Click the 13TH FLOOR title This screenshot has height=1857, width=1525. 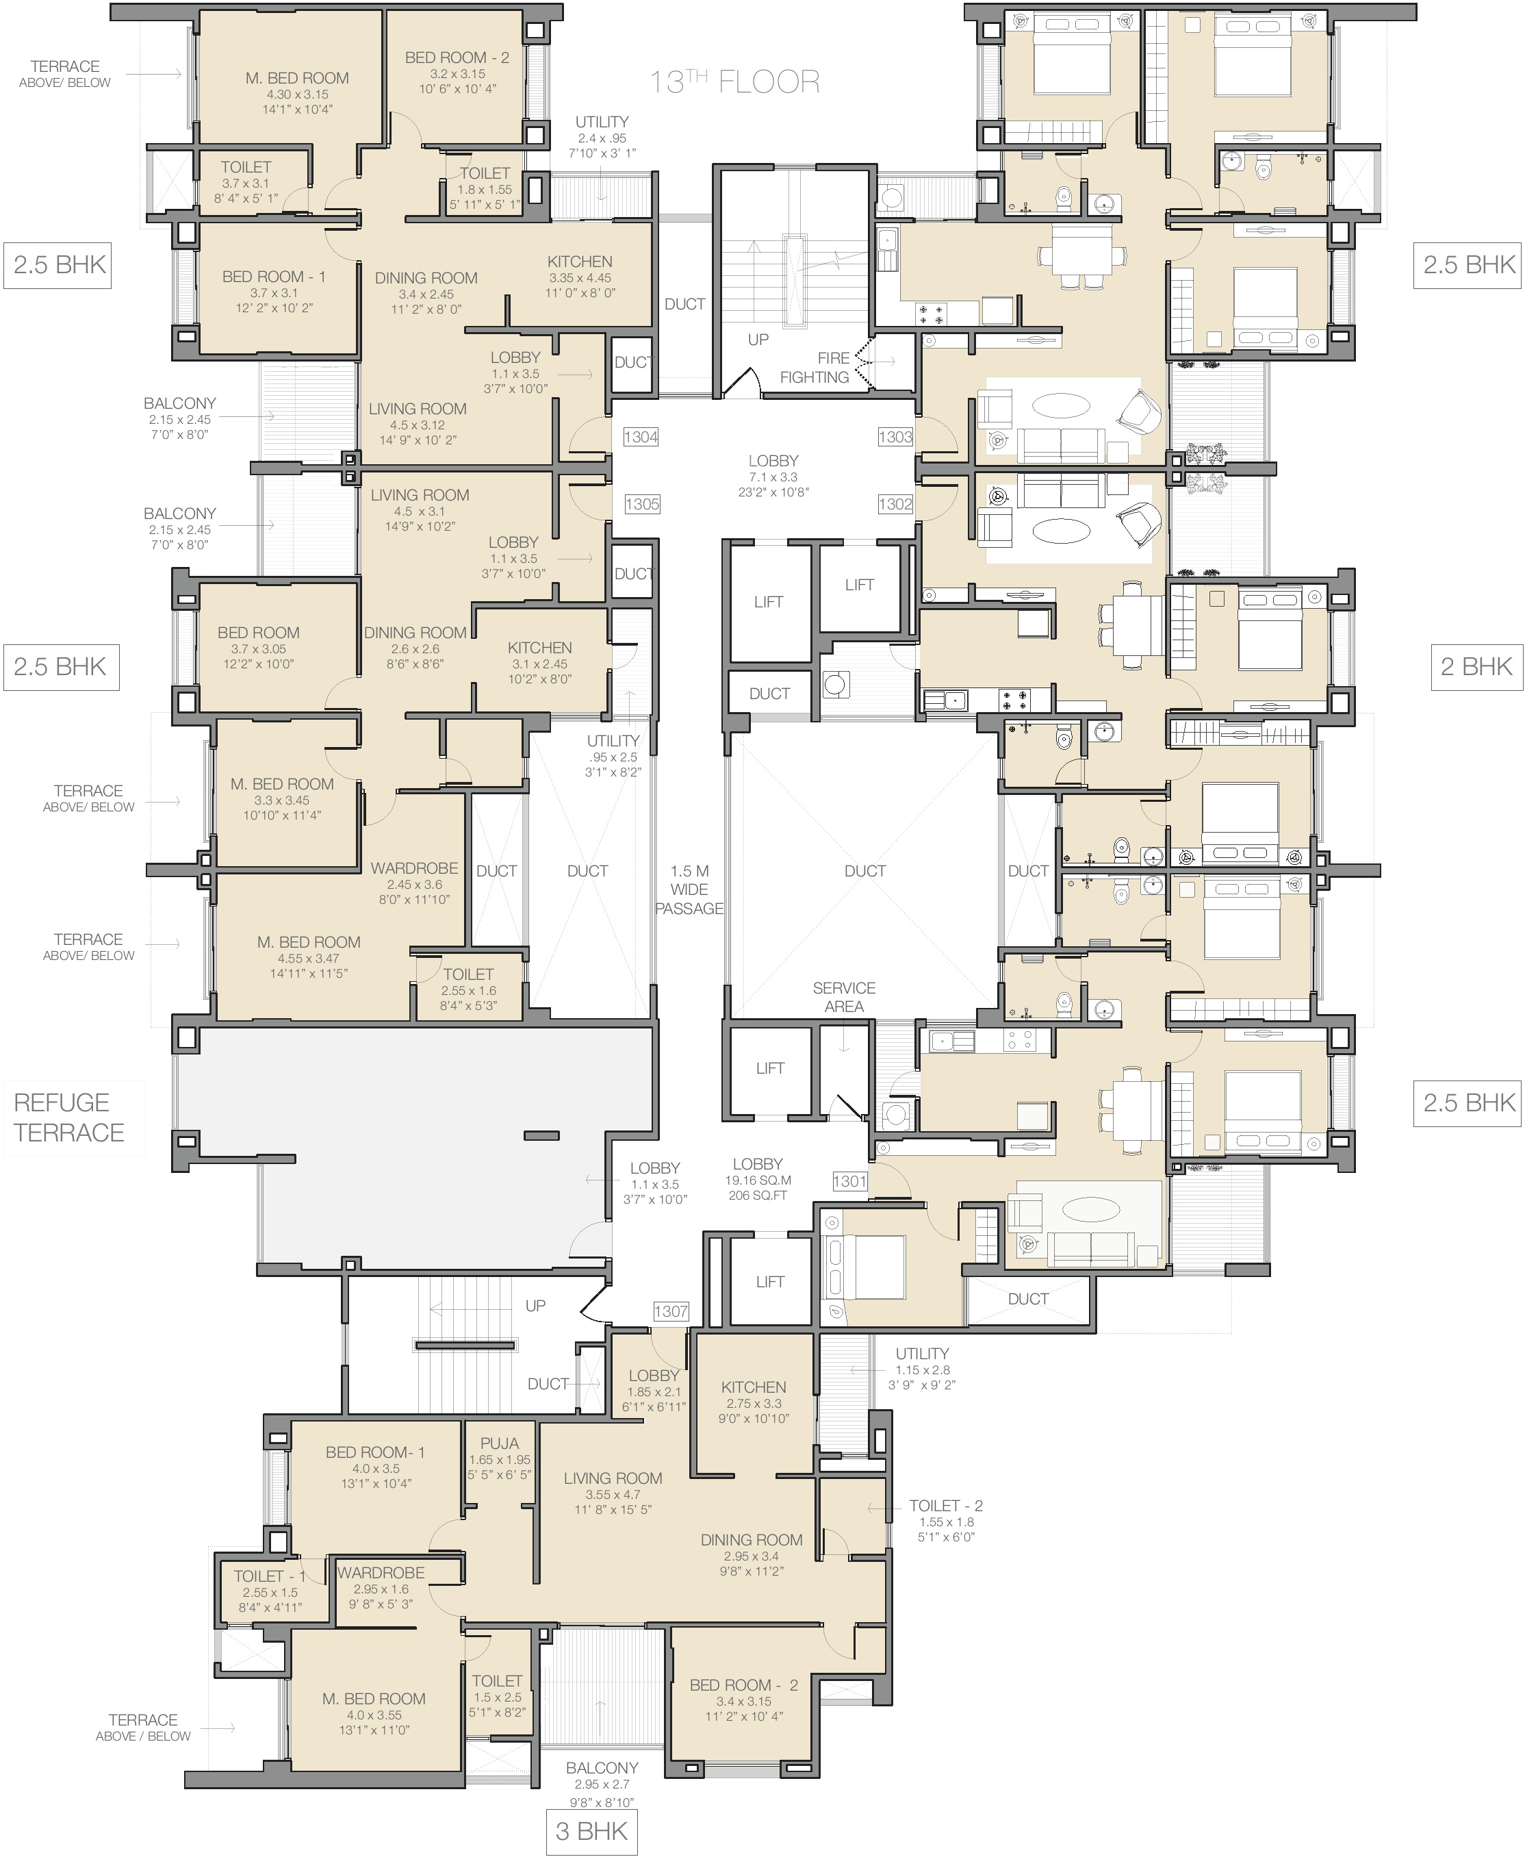(734, 81)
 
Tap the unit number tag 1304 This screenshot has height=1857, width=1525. (641, 437)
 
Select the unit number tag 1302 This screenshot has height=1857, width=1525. (895, 503)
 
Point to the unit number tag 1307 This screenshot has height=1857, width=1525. (670, 1311)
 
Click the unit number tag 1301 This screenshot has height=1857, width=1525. (849, 1181)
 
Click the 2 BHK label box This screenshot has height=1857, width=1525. (1476, 666)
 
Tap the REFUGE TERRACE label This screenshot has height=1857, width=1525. (68, 1117)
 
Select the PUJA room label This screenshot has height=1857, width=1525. (499, 1443)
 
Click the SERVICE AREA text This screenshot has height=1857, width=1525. (843, 996)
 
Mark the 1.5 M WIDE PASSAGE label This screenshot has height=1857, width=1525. (689, 889)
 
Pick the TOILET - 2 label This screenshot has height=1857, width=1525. (945, 1506)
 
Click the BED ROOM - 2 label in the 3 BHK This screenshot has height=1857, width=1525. (743, 1684)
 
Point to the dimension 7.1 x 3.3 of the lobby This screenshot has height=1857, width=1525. (773, 477)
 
